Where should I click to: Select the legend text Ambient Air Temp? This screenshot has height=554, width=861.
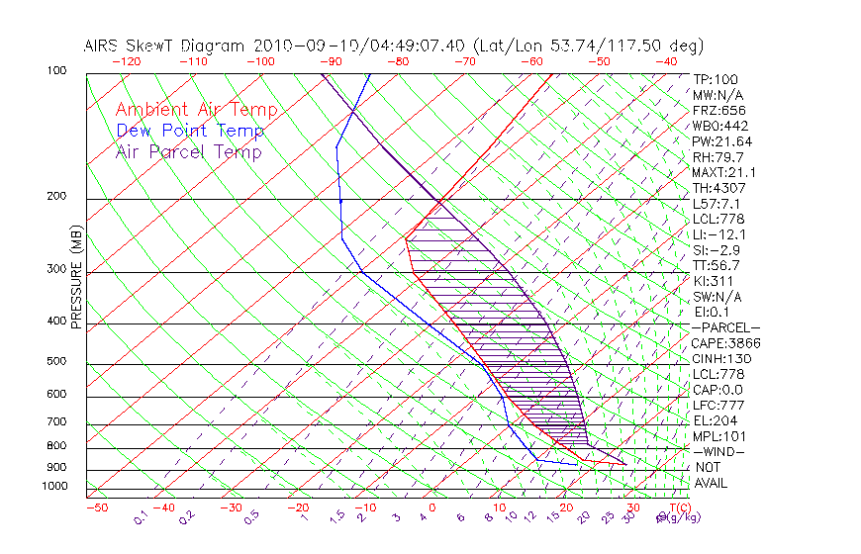[196, 110]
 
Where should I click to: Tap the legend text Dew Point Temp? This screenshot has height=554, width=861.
[190, 131]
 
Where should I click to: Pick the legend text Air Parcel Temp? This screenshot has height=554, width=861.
[188, 151]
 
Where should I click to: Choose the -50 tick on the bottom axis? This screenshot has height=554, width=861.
[96, 508]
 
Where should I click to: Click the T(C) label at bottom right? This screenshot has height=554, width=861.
[679, 507]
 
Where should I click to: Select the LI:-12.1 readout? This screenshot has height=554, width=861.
[719, 234]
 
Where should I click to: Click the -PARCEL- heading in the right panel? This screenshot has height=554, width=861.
[725, 327]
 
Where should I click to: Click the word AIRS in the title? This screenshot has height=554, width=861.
[103, 46]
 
